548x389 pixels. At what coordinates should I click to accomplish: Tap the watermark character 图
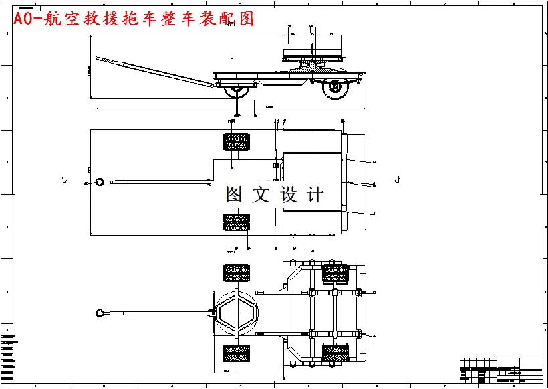[235, 195]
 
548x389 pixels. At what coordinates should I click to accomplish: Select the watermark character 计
[315, 195]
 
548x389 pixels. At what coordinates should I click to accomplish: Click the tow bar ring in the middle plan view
[99, 181]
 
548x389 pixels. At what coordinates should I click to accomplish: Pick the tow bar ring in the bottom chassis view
[99, 312]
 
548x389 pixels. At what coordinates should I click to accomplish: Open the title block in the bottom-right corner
[501, 370]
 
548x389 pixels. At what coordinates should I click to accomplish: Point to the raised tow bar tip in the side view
[99, 59]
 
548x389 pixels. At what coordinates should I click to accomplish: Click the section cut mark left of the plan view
[63, 179]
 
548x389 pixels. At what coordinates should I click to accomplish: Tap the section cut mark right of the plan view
[398, 179]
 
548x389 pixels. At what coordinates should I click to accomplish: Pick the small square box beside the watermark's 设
[275, 165]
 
